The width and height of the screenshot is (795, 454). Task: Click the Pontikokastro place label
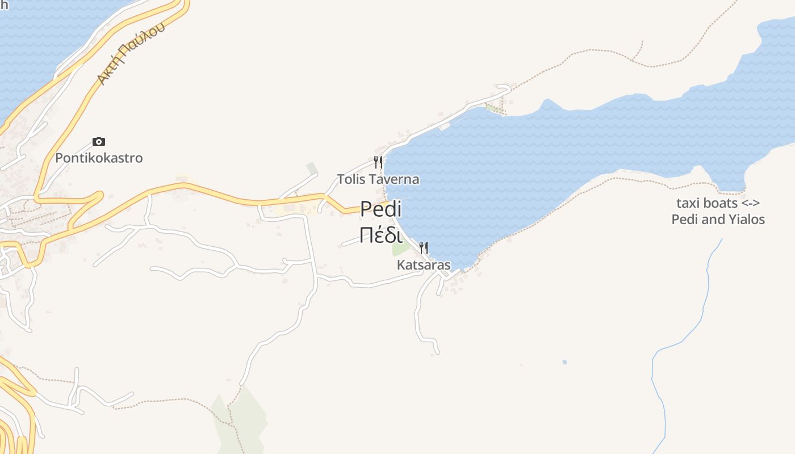point(99,158)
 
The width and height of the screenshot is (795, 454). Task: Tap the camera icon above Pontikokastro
point(99,141)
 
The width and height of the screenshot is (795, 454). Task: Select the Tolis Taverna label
point(378,179)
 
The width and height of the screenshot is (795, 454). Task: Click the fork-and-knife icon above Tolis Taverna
point(378,162)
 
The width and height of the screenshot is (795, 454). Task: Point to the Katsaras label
point(424,265)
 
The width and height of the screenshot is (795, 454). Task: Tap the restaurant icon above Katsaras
point(423,248)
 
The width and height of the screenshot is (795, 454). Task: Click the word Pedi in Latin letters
point(381,209)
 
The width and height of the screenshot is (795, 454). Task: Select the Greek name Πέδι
point(381,234)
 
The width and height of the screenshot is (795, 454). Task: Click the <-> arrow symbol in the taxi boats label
point(751,203)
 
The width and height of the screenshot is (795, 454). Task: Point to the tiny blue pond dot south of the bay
point(564,361)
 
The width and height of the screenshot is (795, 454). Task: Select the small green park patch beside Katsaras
point(400,249)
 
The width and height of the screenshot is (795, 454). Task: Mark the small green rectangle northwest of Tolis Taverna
point(312,169)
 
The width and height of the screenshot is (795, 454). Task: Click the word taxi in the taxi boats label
point(687,203)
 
